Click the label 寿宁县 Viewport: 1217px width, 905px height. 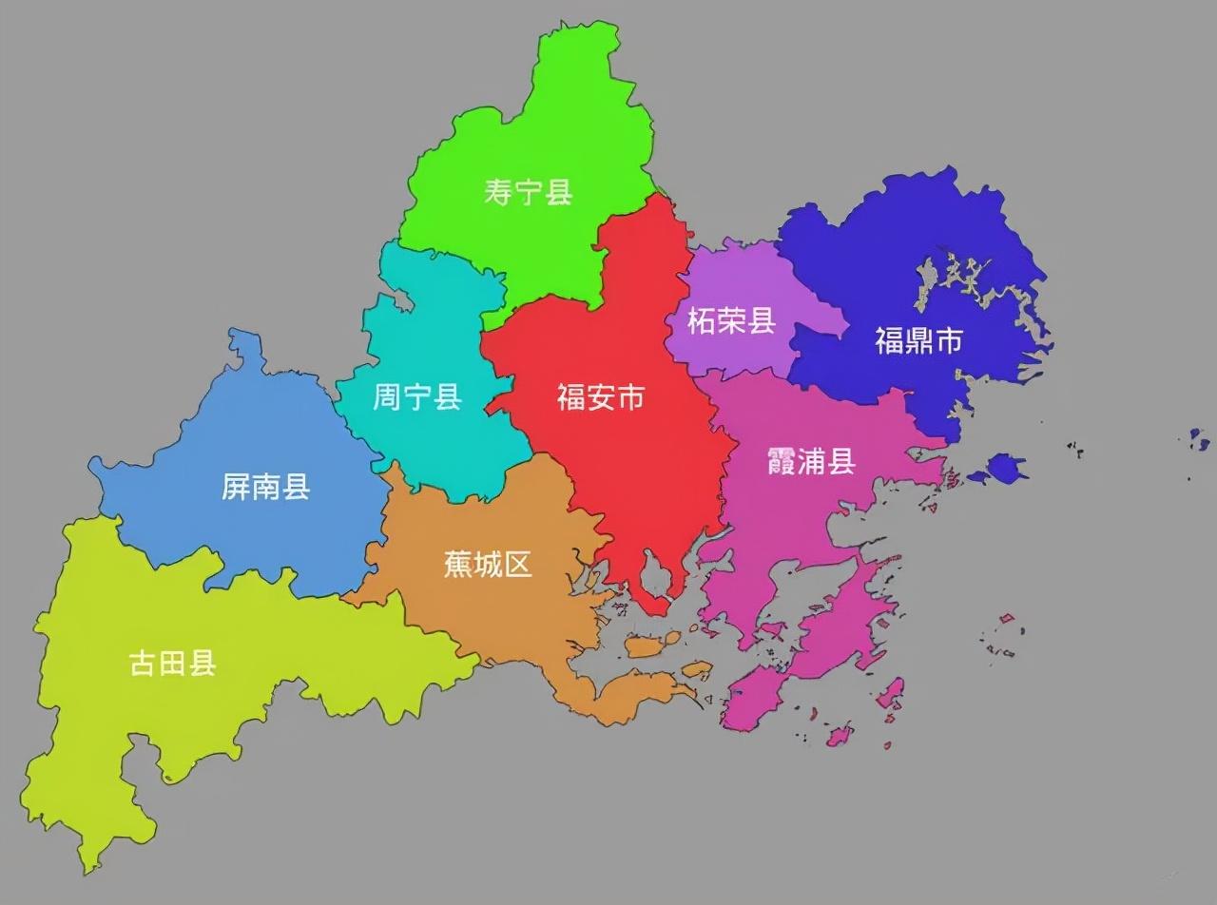pos(528,192)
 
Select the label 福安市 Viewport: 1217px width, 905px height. pos(601,396)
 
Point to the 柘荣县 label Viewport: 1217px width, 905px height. pos(731,321)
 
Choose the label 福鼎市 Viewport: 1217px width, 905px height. pos(918,340)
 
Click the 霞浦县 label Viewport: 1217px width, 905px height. pos(811,462)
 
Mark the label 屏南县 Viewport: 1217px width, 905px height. pos(266,488)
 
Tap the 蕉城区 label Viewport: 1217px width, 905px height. pos(488,565)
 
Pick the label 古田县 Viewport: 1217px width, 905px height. pos(173,663)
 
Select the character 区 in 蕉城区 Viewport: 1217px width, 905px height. pos(518,565)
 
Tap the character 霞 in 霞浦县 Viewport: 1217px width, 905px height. pos(781,462)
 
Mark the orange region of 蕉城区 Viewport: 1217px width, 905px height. pos(475,618)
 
